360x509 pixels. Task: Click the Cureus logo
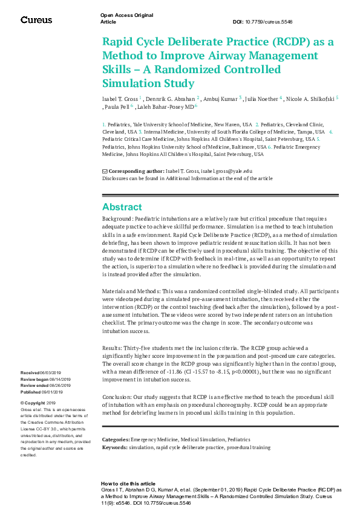pyautogui.click(x=36, y=20)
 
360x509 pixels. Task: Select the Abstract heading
pyautogui.click(x=122, y=207)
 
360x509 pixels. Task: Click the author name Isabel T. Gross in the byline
pyautogui.click(x=120, y=97)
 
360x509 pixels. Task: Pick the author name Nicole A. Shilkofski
pyautogui.click(x=307, y=97)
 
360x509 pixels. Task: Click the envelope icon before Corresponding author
pyautogui.click(x=105, y=172)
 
